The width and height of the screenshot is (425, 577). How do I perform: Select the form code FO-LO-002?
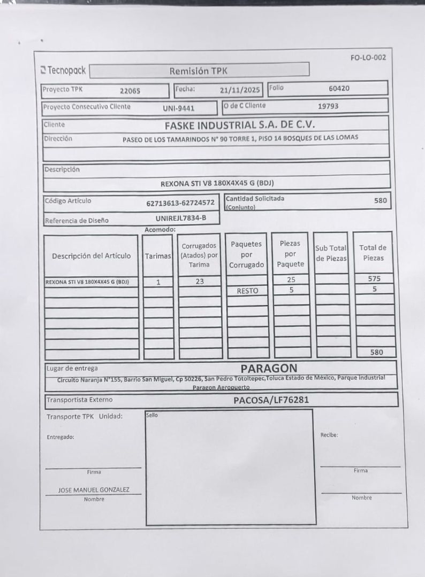click(x=368, y=58)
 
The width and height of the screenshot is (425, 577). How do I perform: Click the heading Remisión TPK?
click(x=199, y=71)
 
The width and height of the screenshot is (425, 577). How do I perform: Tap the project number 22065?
click(x=130, y=91)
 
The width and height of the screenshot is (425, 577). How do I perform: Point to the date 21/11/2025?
click(x=240, y=90)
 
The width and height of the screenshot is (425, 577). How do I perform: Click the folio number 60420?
click(x=339, y=89)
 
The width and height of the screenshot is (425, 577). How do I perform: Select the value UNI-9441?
click(x=178, y=108)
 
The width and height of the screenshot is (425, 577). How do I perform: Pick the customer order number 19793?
click(x=328, y=106)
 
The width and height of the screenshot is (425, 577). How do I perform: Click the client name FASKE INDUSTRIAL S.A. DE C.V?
click(x=240, y=125)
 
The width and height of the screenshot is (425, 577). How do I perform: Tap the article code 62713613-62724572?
click(x=180, y=203)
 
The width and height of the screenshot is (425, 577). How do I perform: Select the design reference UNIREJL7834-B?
click(x=180, y=218)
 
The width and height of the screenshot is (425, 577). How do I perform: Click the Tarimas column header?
click(x=158, y=256)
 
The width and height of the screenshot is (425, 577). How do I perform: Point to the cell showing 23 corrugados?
click(x=199, y=281)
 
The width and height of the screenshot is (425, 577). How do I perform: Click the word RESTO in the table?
click(x=247, y=291)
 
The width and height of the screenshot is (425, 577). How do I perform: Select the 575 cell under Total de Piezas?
click(x=374, y=279)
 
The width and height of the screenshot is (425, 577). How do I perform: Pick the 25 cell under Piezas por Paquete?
click(x=291, y=279)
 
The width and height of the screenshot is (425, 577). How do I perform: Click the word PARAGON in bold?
click(x=269, y=369)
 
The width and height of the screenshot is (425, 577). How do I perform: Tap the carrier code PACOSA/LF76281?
click(x=271, y=400)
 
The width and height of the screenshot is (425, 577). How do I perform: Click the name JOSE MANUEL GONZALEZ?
click(x=94, y=490)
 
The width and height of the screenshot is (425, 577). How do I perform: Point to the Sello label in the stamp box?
click(x=152, y=415)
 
